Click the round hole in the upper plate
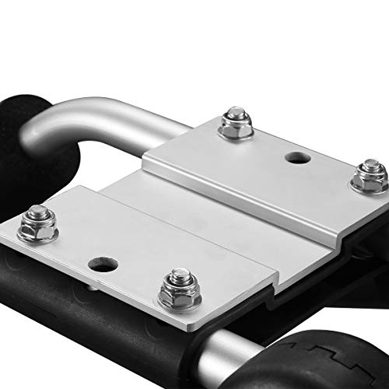pyautogui.click(x=296, y=158)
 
